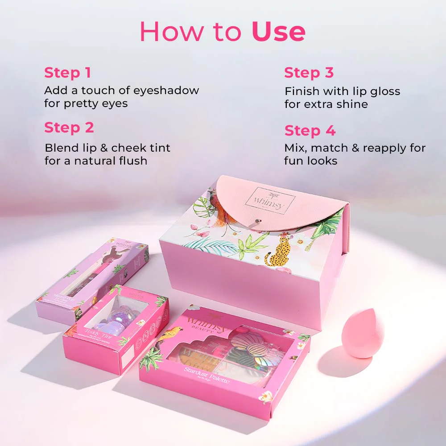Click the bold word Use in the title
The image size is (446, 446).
click(x=278, y=31)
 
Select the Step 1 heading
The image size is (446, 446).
click(x=67, y=73)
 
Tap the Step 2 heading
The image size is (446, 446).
click(x=69, y=128)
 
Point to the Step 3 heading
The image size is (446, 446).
click(x=309, y=73)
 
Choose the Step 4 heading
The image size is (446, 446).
click(x=310, y=131)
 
